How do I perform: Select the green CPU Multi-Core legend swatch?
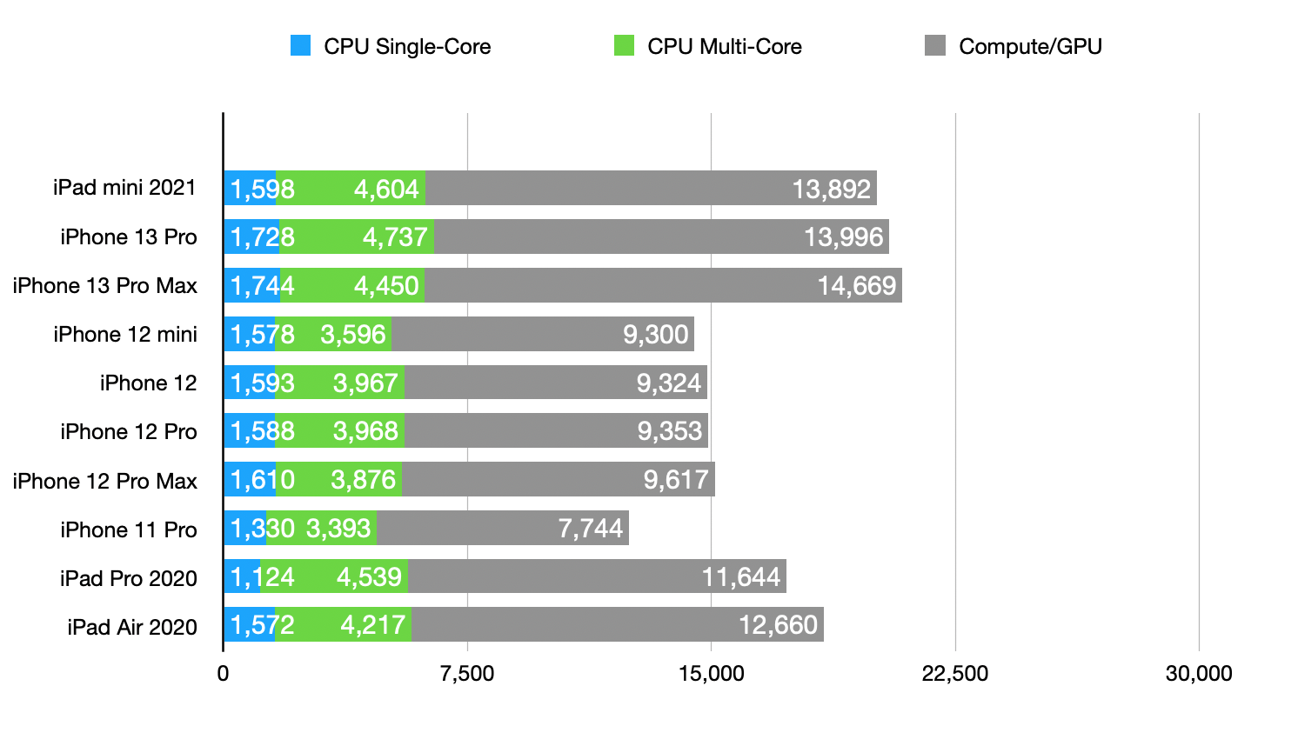624,46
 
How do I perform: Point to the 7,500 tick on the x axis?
467,674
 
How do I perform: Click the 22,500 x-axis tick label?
954,674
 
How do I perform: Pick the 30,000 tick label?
1199,674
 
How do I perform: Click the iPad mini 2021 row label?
124,188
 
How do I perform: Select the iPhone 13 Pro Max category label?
105,286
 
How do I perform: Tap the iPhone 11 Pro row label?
129,530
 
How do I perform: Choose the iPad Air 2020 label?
132,627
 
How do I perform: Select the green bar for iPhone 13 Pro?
357,236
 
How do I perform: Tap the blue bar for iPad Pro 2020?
242,576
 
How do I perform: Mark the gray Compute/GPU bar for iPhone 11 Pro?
502,528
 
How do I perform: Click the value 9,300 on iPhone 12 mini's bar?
656,335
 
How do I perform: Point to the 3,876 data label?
363,480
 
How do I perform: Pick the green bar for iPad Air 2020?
343,624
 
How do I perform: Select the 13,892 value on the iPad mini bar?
831,189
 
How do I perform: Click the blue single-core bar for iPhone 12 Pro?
249,430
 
